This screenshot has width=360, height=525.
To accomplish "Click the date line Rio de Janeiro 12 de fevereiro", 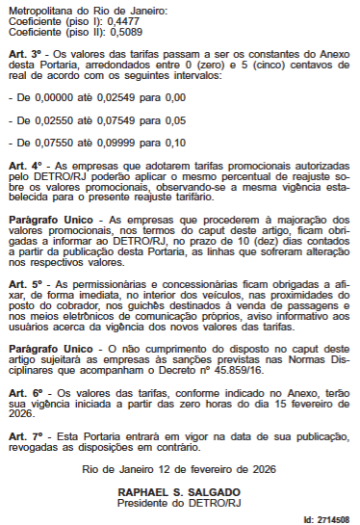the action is point(179,470).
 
